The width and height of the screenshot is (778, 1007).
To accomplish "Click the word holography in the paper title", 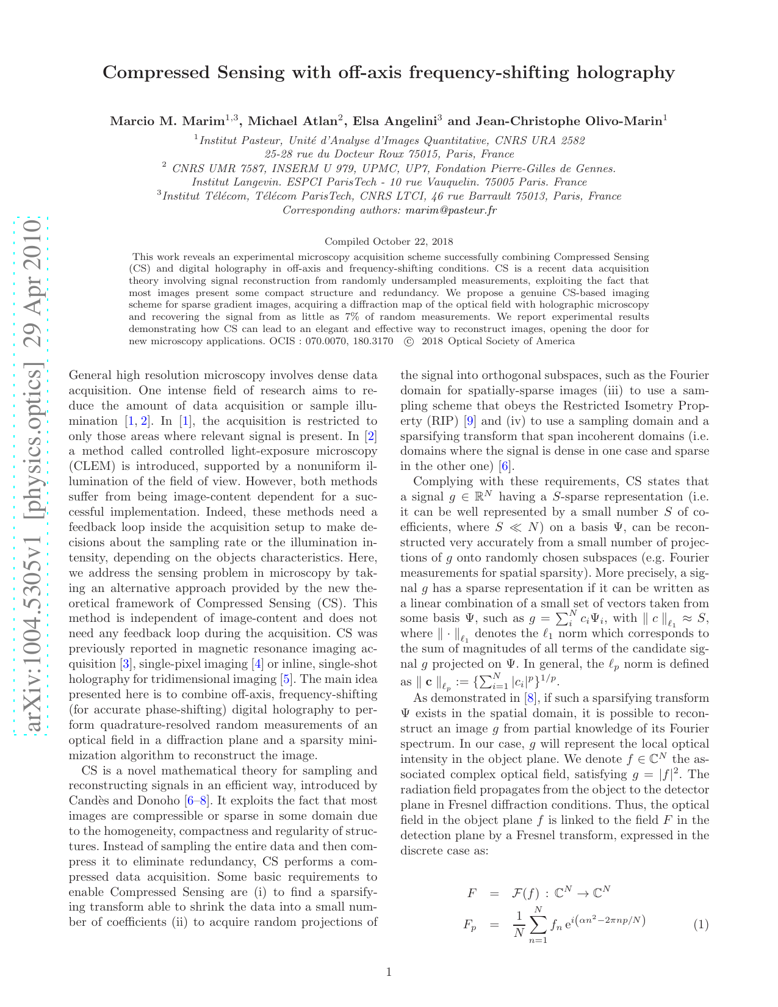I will pos(622,73).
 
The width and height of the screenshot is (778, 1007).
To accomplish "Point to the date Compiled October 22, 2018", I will pos(389,242).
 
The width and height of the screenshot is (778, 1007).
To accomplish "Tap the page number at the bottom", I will pos(389,972).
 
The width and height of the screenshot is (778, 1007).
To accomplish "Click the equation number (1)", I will pos(701,925).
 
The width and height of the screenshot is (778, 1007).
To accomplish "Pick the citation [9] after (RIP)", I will pos(469,421).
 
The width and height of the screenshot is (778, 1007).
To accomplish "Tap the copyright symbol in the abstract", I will pos(408,342).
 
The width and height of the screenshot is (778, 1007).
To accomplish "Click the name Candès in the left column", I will pos(90,801).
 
